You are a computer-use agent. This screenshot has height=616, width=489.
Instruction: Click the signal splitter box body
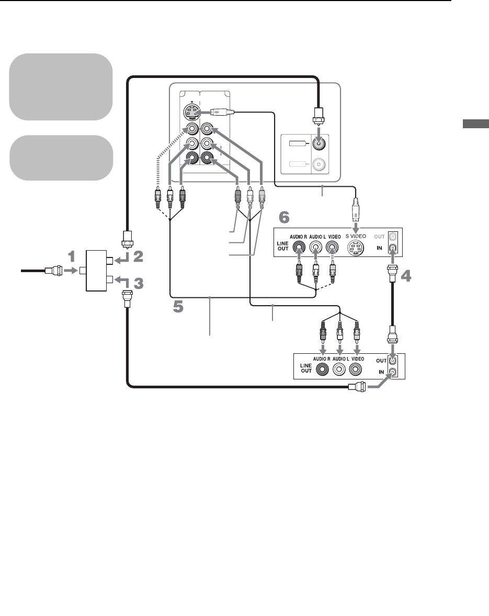coord(97,271)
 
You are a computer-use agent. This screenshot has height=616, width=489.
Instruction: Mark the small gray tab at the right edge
coord(475,124)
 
